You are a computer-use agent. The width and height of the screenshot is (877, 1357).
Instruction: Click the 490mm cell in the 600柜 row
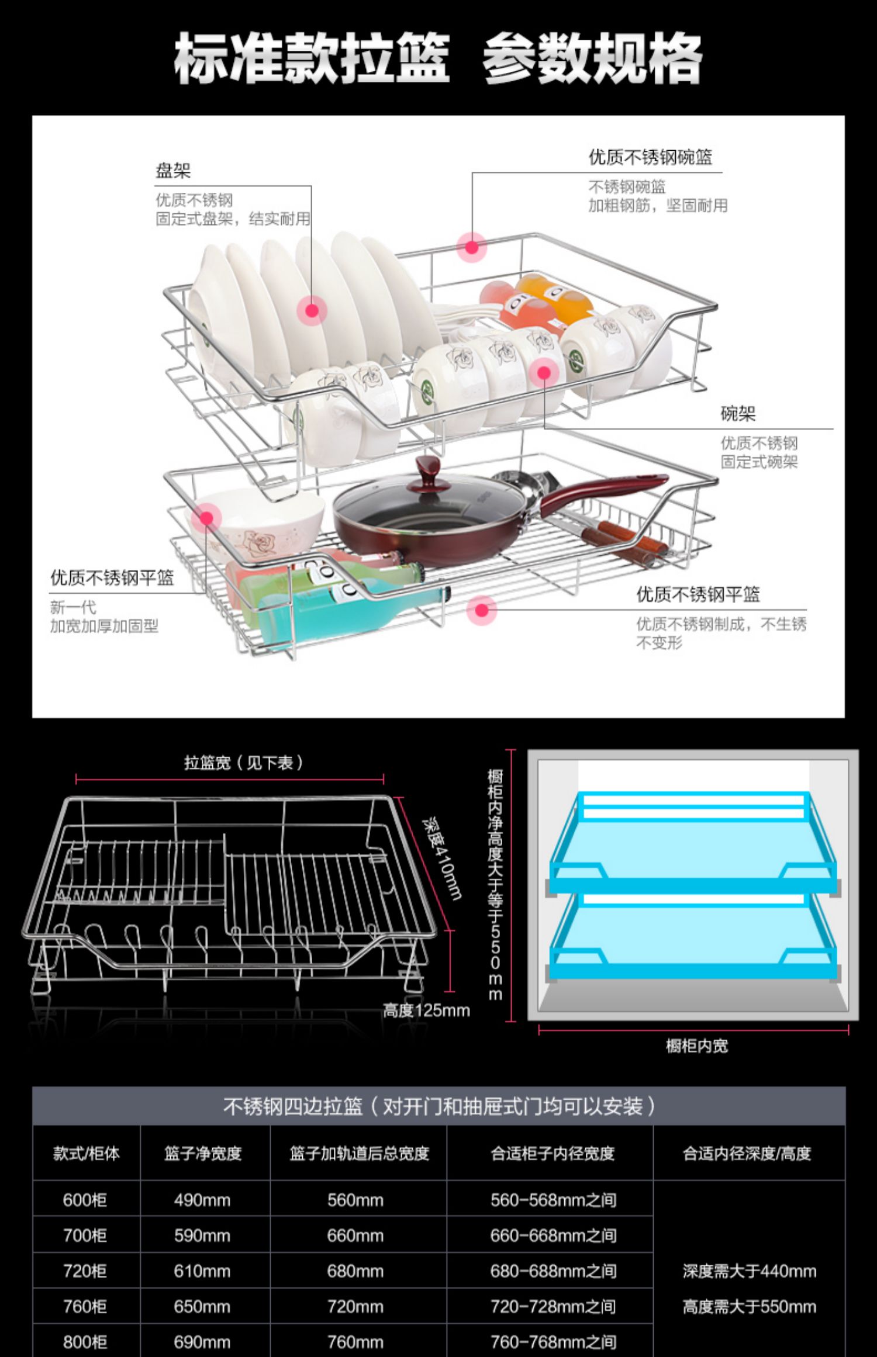(202, 1200)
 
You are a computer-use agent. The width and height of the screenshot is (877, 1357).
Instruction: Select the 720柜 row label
(85, 1271)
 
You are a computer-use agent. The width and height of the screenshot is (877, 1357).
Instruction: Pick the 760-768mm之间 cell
(553, 1342)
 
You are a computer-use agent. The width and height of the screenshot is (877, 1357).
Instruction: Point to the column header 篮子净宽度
(203, 1153)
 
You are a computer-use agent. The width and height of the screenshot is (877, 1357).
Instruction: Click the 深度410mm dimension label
(443, 857)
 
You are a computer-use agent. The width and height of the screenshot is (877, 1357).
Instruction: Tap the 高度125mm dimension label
(426, 1010)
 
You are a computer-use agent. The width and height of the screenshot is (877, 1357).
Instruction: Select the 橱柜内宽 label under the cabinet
(697, 1046)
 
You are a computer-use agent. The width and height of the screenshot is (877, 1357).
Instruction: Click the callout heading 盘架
(173, 171)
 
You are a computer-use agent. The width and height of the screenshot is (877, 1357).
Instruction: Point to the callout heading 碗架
(738, 414)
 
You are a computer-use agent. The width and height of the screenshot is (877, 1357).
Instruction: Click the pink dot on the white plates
(312, 310)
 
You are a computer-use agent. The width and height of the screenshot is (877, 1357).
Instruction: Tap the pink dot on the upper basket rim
(472, 247)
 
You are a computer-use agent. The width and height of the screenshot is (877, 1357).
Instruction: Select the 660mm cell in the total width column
(355, 1235)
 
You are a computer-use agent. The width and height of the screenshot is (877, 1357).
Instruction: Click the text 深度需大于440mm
(749, 1271)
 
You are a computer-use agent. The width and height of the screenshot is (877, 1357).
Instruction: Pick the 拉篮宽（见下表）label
(243, 763)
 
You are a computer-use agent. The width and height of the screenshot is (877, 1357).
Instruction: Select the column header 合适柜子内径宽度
(553, 1153)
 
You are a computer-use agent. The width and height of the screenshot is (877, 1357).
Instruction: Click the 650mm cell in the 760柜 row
(202, 1307)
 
